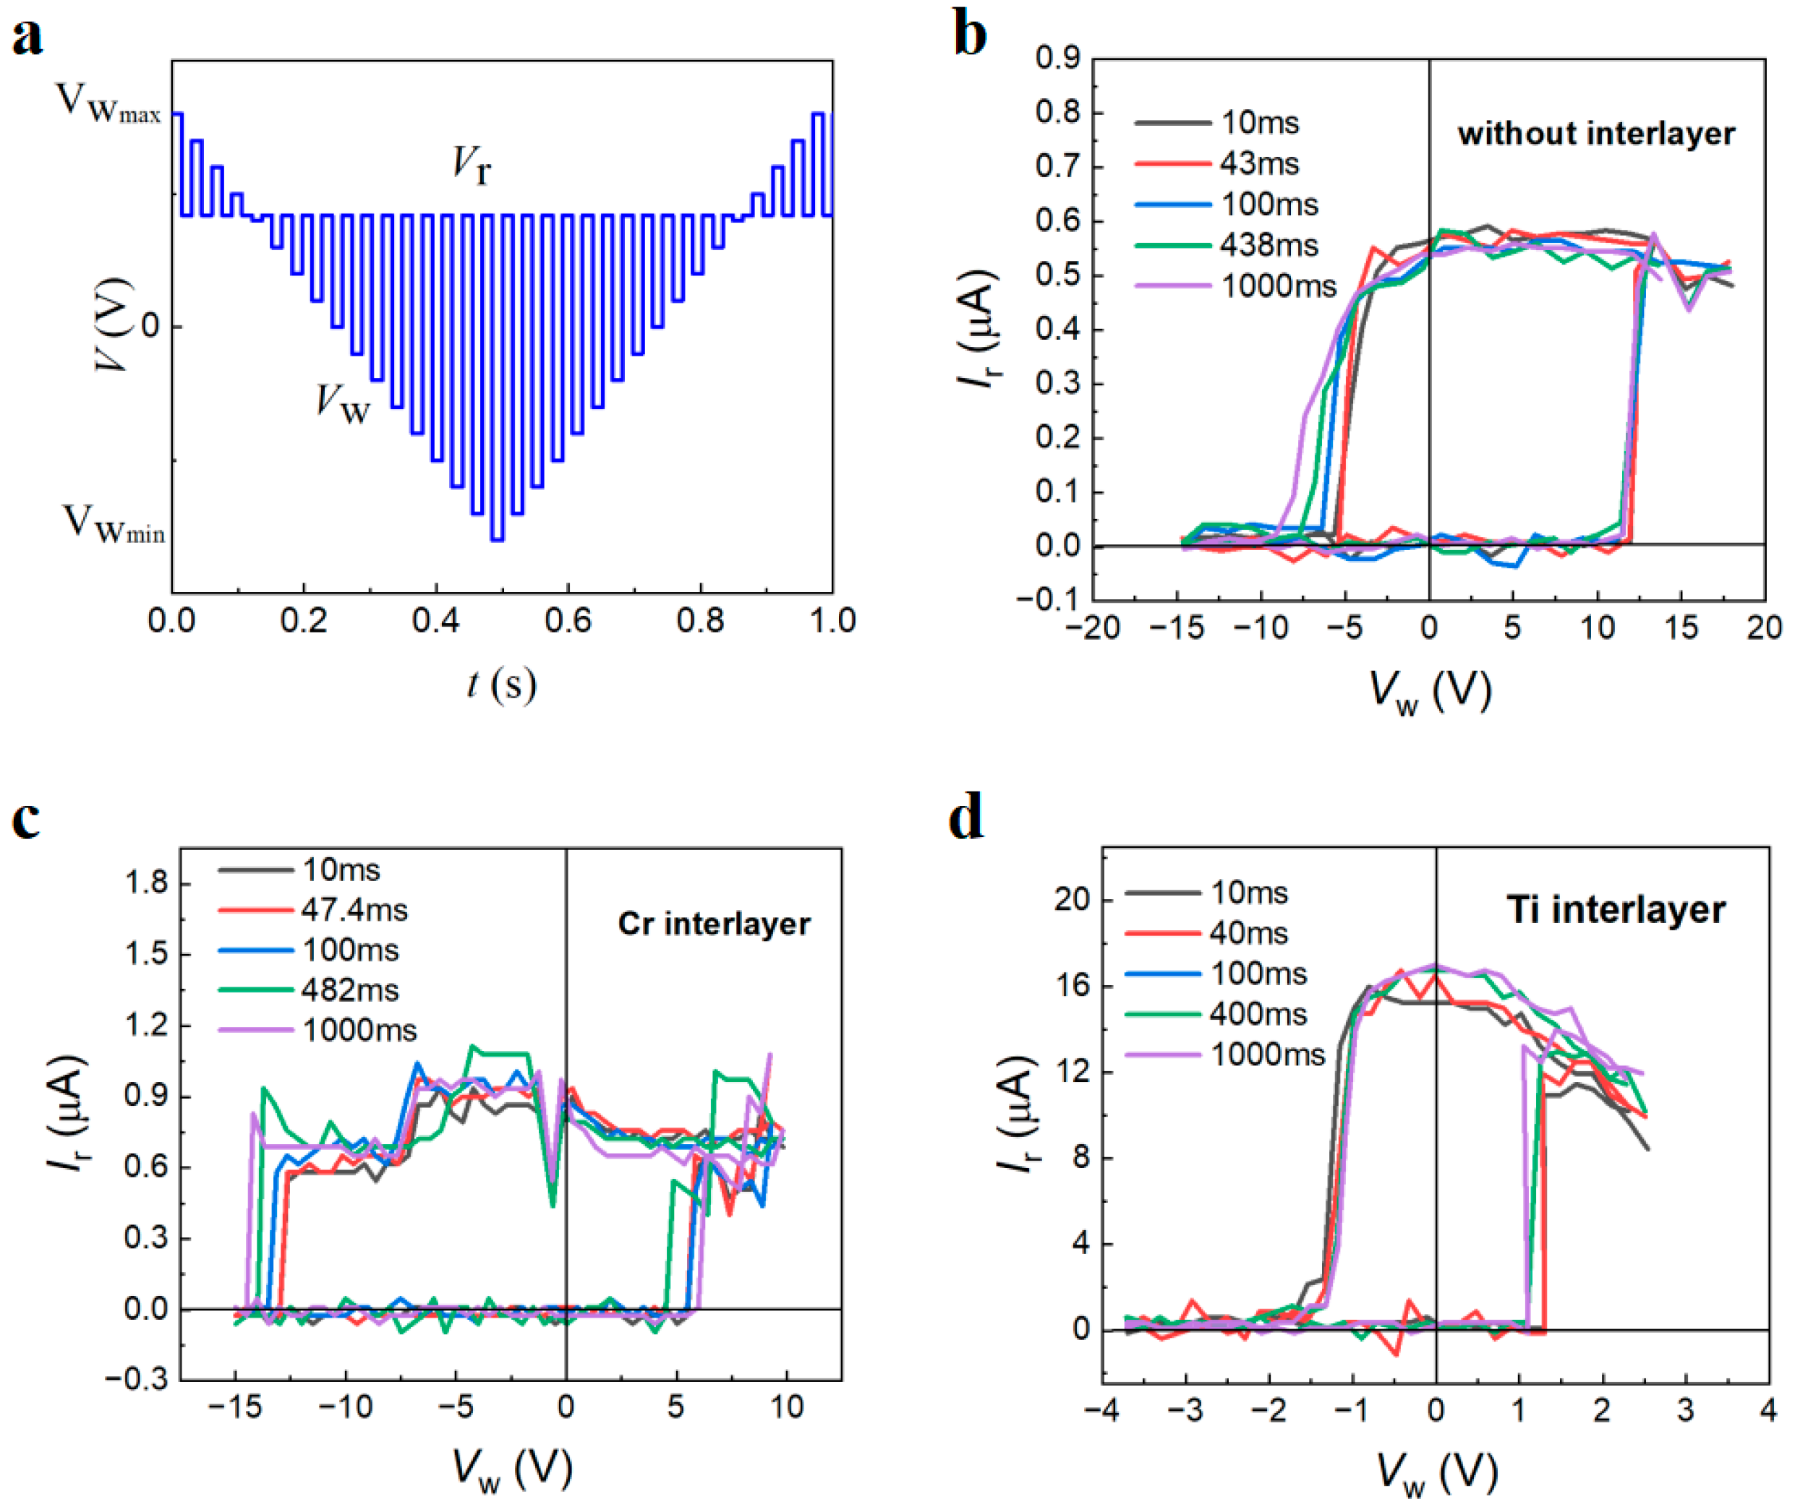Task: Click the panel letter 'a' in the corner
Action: click(x=27, y=38)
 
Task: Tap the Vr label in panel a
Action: click(x=471, y=165)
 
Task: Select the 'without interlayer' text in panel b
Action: click(x=1596, y=134)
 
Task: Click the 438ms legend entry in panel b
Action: click(x=1269, y=245)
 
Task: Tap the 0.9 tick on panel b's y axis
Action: click(x=1057, y=58)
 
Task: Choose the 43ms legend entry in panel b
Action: click(x=1259, y=163)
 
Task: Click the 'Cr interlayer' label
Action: click(x=714, y=924)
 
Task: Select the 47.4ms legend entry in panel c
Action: click(x=354, y=911)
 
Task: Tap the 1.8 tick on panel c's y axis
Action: click(x=146, y=883)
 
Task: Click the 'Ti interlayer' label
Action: click(x=1616, y=910)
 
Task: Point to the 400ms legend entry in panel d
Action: click(x=1258, y=1014)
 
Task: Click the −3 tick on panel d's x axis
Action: click(x=1184, y=1409)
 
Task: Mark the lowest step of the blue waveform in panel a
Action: click(x=497, y=539)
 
